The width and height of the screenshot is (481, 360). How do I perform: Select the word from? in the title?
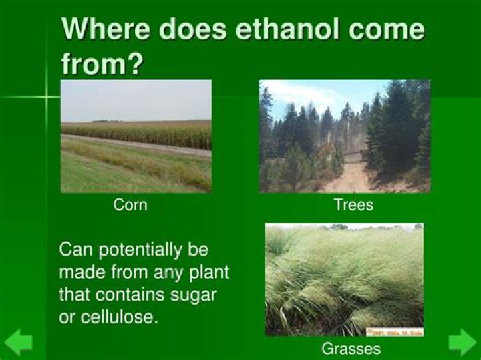[x=104, y=64]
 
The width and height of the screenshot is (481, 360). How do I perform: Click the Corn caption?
[x=130, y=205]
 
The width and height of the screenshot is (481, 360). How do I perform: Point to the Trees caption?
[x=353, y=205]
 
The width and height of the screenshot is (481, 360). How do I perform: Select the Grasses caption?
[x=351, y=348]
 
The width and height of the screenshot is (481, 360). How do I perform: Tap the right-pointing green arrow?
[x=462, y=342]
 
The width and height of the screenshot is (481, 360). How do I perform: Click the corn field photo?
[x=136, y=136]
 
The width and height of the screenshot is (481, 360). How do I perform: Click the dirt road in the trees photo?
[x=351, y=179]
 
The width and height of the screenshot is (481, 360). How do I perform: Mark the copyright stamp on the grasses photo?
[x=394, y=331]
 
